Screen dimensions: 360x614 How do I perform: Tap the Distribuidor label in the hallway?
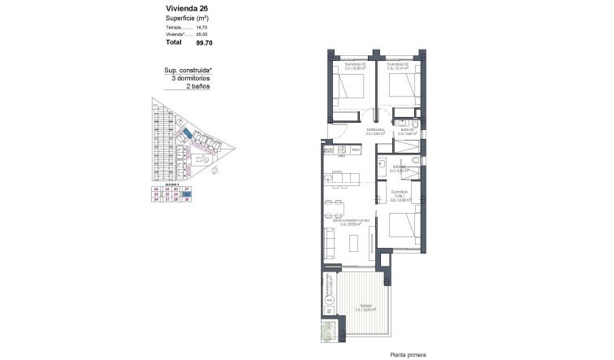point(374,131)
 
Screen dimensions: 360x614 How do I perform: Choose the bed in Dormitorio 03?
point(350,85)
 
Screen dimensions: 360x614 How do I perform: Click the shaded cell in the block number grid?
point(187,194)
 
